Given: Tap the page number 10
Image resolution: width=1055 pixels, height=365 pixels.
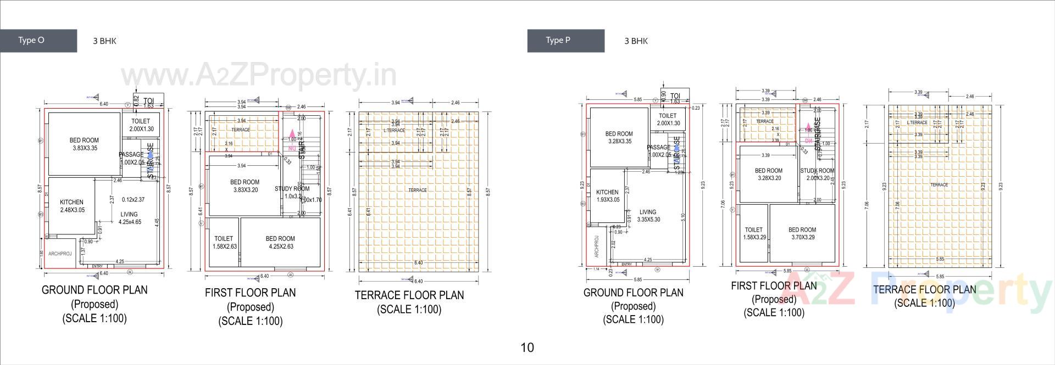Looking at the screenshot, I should (527, 347).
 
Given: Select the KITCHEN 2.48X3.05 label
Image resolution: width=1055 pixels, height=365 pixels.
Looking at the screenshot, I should (72, 206).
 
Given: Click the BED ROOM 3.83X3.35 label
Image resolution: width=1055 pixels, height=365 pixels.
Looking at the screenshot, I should (84, 144).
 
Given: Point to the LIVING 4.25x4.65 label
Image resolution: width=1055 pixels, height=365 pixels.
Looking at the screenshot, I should (130, 218).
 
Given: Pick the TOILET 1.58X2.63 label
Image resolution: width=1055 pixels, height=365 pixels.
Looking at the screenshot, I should (224, 243).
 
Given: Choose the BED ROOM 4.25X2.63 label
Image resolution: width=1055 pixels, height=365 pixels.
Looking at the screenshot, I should (280, 243).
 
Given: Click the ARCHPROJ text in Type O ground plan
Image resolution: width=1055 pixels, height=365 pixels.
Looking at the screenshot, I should (60, 254).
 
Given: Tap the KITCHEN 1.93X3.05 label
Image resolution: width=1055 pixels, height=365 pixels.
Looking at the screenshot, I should (607, 196).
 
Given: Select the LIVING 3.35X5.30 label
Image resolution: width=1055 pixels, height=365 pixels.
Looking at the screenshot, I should (648, 216).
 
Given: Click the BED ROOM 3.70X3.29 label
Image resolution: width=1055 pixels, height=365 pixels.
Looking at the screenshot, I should (802, 234).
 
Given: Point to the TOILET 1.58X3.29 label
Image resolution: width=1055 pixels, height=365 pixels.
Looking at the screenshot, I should (754, 234).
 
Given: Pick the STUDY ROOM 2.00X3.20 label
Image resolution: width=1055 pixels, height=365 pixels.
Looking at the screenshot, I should (817, 175).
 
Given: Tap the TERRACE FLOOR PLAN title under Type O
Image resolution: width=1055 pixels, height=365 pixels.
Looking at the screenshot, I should (409, 295).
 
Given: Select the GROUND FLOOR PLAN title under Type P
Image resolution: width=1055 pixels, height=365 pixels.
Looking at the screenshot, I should (633, 293).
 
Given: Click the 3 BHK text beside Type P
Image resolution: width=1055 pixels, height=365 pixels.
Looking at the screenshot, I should (636, 41).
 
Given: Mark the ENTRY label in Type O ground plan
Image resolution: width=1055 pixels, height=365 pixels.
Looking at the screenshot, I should (97, 267).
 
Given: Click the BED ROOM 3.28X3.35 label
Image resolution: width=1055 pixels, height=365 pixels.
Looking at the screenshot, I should (619, 137).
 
